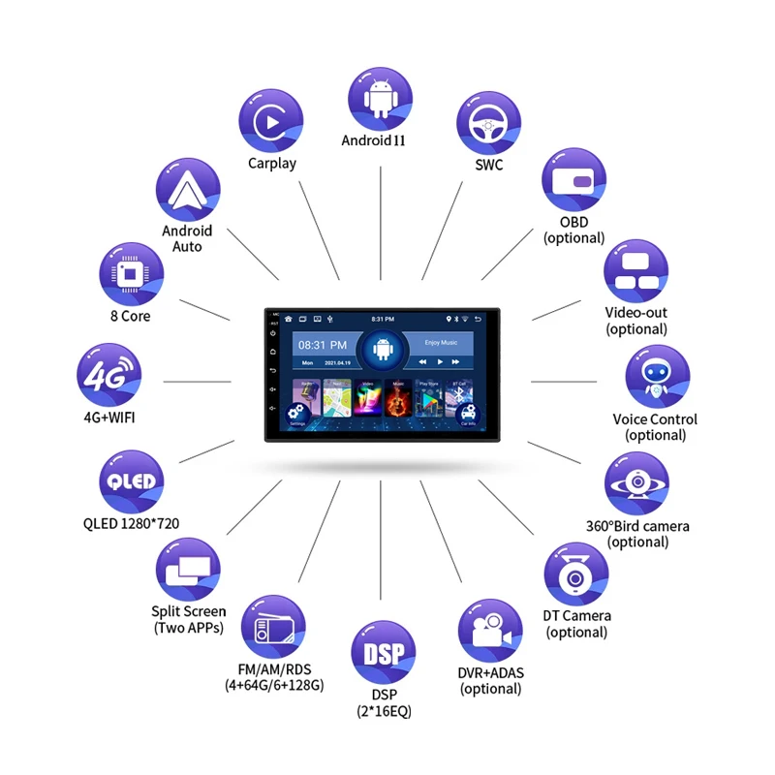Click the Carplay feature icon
pyautogui.click(x=271, y=120)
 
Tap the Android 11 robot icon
pyautogui.click(x=381, y=98)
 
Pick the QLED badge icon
pyautogui.click(x=131, y=481)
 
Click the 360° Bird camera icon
pyautogui.click(x=637, y=483)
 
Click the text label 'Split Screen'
pyautogui.click(x=189, y=611)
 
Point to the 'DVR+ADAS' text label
pyautogui.click(x=491, y=672)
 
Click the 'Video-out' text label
pyautogui.click(x=636, y=313)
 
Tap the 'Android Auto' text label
pyautogui.click(x=187, y=238)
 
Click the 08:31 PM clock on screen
pyautogui.click(x=322, y=345)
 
